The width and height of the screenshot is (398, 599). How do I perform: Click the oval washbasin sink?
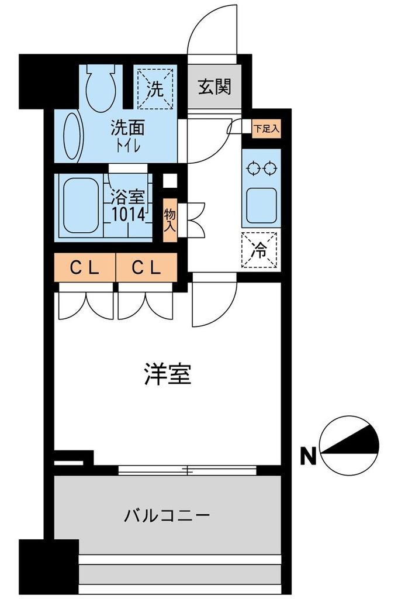pos(73,136)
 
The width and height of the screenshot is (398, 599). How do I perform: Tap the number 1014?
pos(128,214)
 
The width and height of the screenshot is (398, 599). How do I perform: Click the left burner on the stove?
pos(254,168)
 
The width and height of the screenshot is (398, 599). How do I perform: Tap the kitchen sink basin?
pos(261,204)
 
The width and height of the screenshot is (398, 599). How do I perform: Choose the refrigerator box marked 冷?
pos(260,250)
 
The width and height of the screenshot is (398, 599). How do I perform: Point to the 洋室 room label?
pos(167,374)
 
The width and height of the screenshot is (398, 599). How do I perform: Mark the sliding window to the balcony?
pos(187,470)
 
